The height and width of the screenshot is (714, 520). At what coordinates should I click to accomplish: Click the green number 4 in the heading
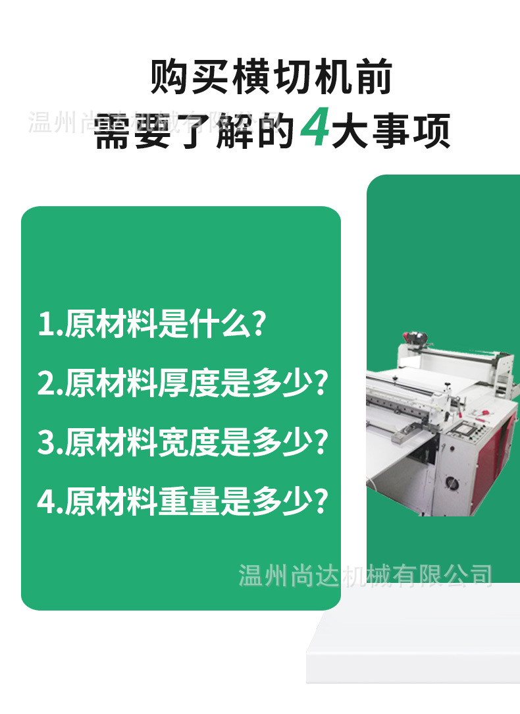coord(315,129)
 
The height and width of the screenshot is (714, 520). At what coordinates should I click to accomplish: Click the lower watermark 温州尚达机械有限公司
coord(365,575)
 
